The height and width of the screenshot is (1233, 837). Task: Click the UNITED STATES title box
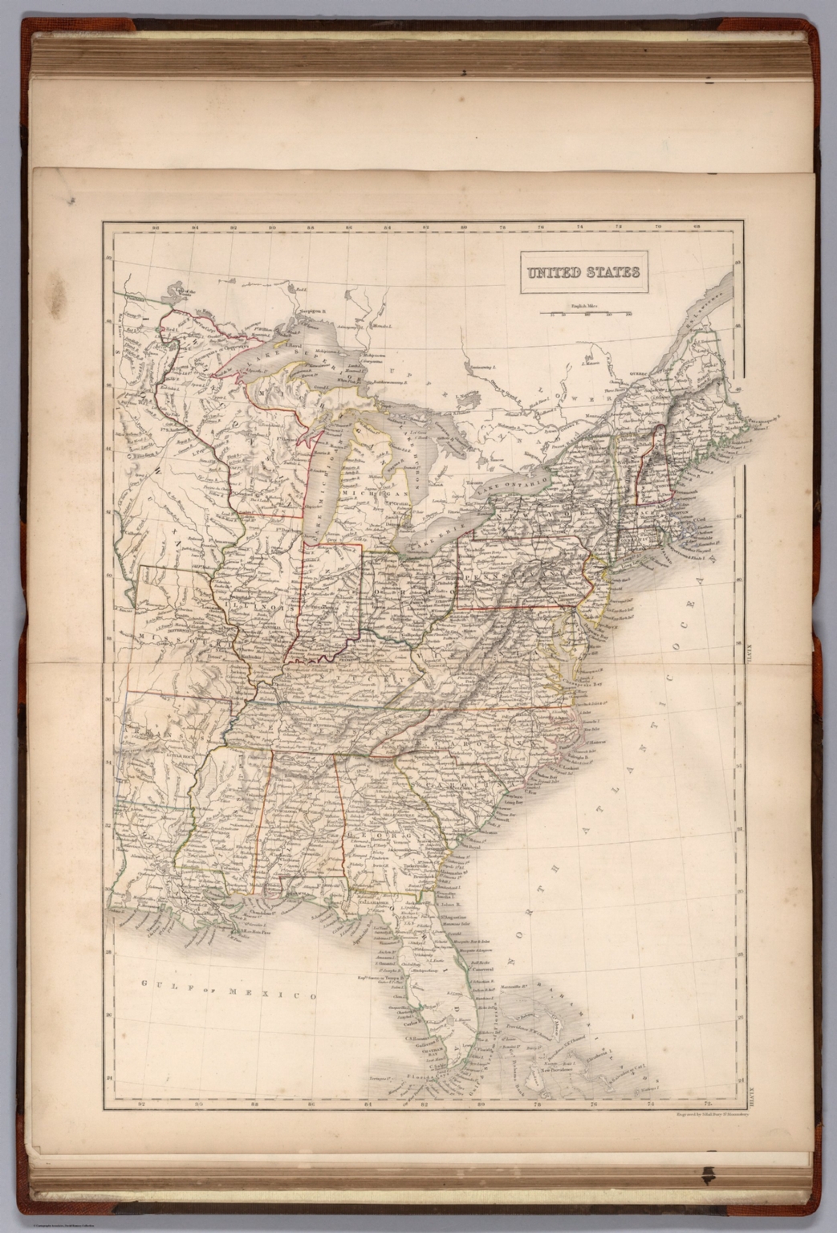583,271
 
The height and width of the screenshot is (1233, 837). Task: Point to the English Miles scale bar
585,312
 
